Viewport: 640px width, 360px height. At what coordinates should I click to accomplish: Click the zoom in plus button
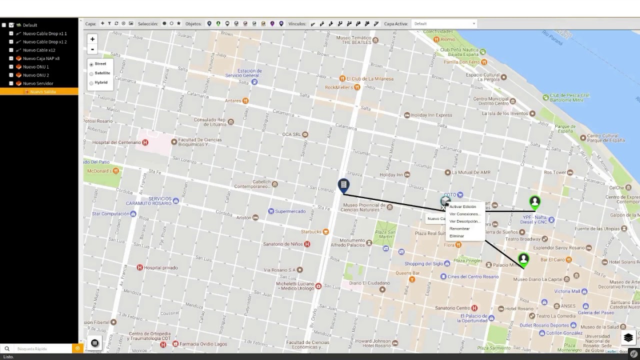(x=92, y=39)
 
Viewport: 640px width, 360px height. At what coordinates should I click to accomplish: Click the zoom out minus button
(x=92, y=49)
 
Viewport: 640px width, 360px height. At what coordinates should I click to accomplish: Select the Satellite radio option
(x=91, y=73)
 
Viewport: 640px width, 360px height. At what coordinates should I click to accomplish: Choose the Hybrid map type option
(x=91, y=83)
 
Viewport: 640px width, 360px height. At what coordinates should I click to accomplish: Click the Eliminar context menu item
(x=456, y=236)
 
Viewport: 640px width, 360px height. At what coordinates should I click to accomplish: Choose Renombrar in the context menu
(x=459, y=228)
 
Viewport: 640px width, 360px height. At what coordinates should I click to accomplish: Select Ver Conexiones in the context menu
(x=464, y=214)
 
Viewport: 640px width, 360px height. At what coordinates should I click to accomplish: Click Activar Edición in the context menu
(x=462, y=206)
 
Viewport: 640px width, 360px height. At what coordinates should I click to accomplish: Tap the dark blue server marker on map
(x=343, y=186)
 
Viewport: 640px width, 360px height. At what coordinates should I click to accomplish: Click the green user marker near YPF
(x=534, y=202)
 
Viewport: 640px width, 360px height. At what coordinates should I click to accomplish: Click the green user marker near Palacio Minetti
(x=523, y=259)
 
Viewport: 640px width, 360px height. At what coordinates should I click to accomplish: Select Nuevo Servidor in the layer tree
(x=37, y=83)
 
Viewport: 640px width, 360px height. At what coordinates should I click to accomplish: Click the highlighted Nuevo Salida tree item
(x=42, y=92)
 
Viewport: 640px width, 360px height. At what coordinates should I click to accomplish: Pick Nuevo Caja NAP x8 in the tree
(x=40, y=58)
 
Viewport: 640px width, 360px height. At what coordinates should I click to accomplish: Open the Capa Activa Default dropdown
(x=444, y=23)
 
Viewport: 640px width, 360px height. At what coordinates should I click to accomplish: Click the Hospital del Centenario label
(x=116, y=142)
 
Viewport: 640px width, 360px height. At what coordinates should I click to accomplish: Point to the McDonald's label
(x=99, y=171)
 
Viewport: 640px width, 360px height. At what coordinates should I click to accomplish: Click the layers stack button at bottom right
(x=628, y=338)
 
